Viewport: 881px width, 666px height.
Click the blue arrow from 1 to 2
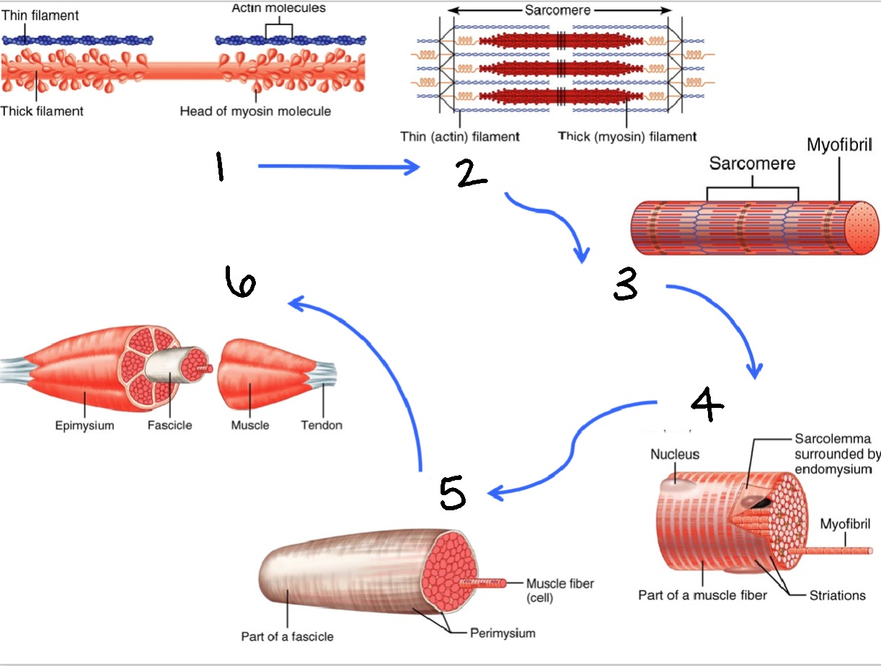click(339, 167)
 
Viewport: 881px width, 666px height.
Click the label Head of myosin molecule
click(255, 111)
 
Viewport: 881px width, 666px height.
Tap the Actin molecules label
click(278, 9)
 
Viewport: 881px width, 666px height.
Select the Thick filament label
click(42, 111)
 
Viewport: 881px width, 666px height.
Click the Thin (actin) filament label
click(460, 136)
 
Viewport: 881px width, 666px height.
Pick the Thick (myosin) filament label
click(627, 136)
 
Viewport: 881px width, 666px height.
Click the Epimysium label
click(84, 425)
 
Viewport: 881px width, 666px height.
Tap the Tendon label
click(322, 425)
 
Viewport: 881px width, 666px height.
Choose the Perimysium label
click(503, 634)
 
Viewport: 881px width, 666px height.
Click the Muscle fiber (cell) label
click(560, 590)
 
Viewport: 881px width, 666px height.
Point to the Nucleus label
click(675, 455)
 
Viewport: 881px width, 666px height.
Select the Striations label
click(836, 595)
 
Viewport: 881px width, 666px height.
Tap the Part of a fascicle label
click(287, 636)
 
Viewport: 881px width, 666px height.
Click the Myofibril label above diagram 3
click(839, 145)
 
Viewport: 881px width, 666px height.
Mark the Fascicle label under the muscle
click(170, 425)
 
